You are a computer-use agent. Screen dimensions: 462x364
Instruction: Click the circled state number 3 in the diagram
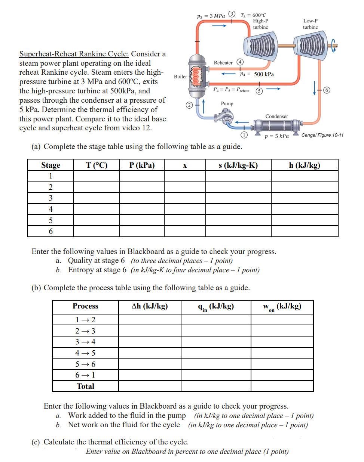pyautogui.click(x=232, y=14)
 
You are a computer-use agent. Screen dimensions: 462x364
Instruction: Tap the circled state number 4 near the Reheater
pyautogui.click(x=240, y=62)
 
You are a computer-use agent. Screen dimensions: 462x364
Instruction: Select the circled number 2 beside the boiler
pyautogui.click(x=189, y=105)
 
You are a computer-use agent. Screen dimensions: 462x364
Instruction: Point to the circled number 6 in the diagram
pyautogui.click(x=327, y=90)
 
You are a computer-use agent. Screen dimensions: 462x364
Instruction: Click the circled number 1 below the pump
pyautogui.click(x=244, y=134)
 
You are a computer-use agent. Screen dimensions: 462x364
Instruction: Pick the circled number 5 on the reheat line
pyautogui.click(x=259, y=91)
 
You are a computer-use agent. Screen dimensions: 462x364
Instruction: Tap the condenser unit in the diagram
pyautogui.click(x=277, y=125)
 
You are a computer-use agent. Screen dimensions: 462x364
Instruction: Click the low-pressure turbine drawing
pyautogui.click(x=311, y=45)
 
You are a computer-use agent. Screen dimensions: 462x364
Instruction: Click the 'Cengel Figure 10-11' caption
pyautogui.click(x=322, y=135)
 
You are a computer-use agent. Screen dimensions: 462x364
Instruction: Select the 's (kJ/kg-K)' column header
pyautogui.click(x=238, y=165)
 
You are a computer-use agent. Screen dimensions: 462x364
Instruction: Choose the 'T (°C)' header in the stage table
pyautogui.click(x=97, y=165)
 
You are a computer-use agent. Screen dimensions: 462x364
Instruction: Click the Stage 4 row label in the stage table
pyautogui.click(x=51, y=209)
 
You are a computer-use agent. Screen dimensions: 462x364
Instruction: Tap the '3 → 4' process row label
pyautogui.click(x=85, y=342)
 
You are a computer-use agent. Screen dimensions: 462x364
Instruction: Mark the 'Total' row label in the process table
pyautogui.click(x=85, y=386)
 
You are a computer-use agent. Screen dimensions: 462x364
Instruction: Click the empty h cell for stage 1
pyautogui.click(x=305, y=176)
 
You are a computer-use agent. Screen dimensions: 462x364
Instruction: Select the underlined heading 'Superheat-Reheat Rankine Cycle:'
pyautogui.click(x=74, y=54)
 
